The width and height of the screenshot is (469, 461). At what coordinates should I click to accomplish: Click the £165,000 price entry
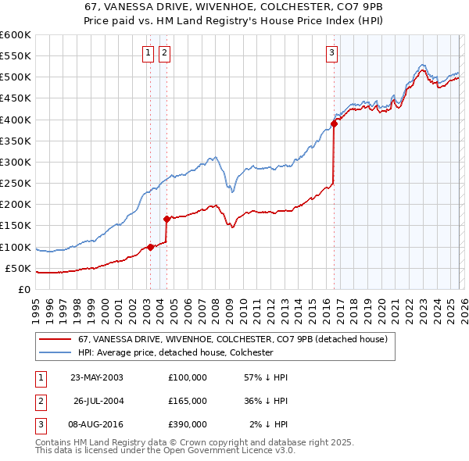188,400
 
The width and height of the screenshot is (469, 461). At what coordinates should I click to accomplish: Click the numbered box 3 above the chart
331,53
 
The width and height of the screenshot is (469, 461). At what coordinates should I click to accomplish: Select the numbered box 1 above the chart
148,53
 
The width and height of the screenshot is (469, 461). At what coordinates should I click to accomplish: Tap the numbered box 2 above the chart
165,53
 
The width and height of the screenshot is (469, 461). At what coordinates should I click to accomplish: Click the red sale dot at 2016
334,123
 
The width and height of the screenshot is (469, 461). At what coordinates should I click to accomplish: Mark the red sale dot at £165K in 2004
166,219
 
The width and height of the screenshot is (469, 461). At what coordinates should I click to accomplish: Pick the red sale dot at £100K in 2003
150,247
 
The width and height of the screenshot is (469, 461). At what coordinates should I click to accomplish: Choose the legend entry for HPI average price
175,352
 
